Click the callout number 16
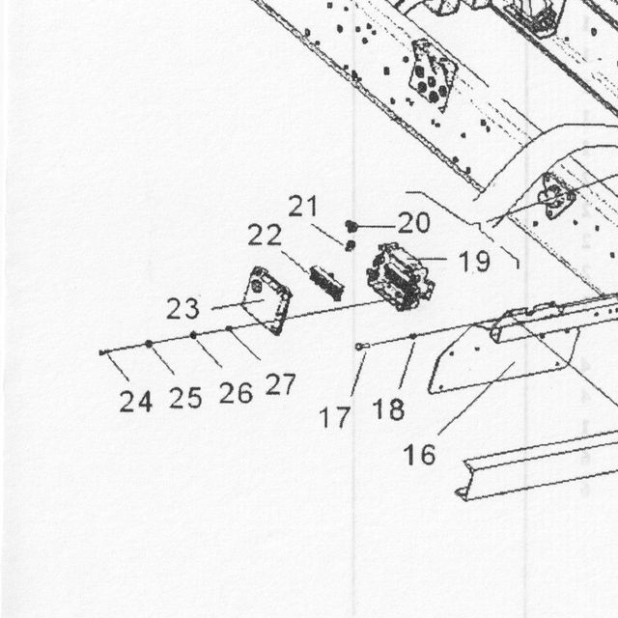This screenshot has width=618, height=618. click(x=419, y=455)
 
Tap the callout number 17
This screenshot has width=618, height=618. click(x=335, y=417)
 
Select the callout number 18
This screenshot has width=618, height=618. click(x=388, y=409)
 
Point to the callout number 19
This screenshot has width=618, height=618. click(x=475, y=261)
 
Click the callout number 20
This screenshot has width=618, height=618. click(x=414, y=223)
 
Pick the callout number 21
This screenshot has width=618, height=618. click(x=302, y=206)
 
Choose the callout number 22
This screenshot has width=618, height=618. click(x=265, y=235)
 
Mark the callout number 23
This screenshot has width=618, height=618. click(x=183, y=308)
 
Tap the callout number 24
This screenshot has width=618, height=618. click(x=135, y=402)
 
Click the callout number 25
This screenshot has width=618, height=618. click(x=185, y=398)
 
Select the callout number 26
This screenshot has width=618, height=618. click(x=236, y=393)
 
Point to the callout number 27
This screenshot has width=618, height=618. click(x=280, y=384)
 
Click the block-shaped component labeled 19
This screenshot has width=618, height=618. click(x=400, y=277)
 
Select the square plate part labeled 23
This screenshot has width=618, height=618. click(x=267, y=300)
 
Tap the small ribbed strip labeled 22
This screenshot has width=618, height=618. click(x=326, y=283)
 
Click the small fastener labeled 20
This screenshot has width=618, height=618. click(x=351, y=226)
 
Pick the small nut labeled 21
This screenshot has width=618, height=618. click(x=350, y=245)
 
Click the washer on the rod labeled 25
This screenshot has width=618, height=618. click(x=149, y=344)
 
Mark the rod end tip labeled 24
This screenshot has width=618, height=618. click(x=101, y=352)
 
